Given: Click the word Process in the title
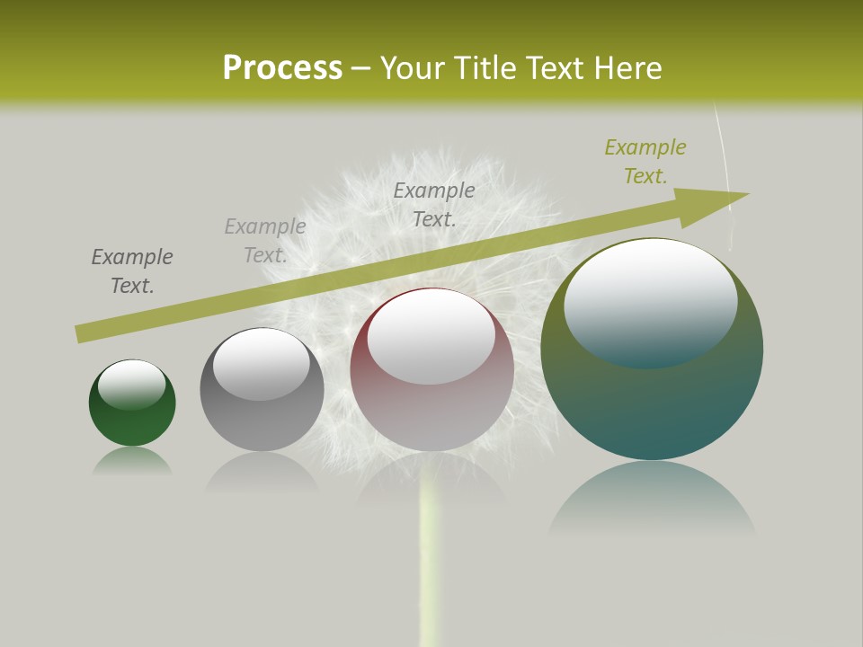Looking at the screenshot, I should coord(282,68).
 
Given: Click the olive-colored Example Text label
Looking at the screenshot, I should coord(645,162).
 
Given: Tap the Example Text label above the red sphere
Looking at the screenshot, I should coord(434,204).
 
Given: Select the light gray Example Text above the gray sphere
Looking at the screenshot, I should coord(265,241).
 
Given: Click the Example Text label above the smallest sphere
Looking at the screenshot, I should coord(132,271).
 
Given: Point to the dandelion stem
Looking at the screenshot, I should coord(431,575).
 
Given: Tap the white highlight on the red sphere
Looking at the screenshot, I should coord(431,334).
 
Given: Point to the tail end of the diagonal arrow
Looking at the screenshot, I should coord(81,333).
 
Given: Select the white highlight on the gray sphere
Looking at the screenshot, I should coord(261,362).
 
